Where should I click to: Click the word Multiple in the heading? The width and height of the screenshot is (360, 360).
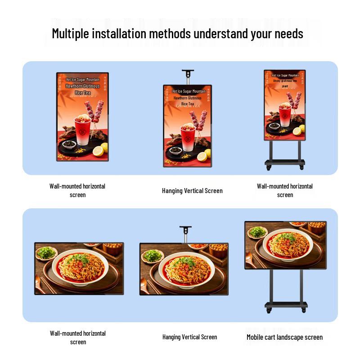(x=71, y=33)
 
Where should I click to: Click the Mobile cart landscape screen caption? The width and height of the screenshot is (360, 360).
(x=284, y=337)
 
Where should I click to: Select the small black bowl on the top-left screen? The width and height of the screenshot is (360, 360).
(x=69, y=144)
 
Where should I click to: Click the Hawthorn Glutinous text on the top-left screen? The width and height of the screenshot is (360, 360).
(x=82, y=85)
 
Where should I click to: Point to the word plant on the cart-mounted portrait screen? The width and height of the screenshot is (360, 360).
(x=284, y=86)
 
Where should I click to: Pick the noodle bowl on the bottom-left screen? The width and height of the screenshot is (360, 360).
(x=79, y=267)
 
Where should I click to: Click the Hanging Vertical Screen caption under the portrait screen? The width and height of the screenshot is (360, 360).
(x=192, y=191)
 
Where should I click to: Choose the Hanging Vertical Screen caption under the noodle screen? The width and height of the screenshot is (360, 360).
(x=189, y=337)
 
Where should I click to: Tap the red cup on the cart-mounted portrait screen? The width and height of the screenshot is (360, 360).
(x=284, y=114)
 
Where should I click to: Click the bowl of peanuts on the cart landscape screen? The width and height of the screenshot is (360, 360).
(x=316, y=227)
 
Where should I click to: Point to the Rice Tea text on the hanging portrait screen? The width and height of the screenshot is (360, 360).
(x=188, y=103)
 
